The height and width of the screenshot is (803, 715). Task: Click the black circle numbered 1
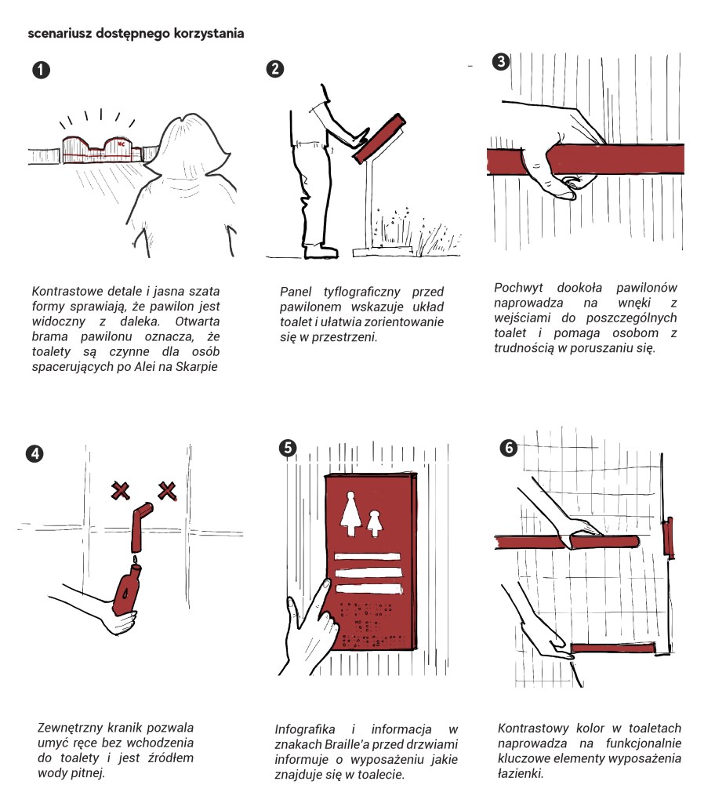pos(41,70)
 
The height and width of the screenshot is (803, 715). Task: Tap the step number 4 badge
pos(34,454)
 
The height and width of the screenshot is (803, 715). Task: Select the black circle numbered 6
pos(509,448)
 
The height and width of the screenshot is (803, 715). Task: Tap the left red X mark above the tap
pos(120,492)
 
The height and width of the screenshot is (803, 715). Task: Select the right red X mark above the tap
pos(167,492)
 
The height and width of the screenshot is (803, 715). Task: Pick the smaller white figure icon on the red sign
pos(375,521)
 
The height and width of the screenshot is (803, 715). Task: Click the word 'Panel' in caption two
pos(296,292)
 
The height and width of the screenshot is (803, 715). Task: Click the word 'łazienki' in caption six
pos(520,773)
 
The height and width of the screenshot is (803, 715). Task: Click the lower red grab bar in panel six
pos(612,647)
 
